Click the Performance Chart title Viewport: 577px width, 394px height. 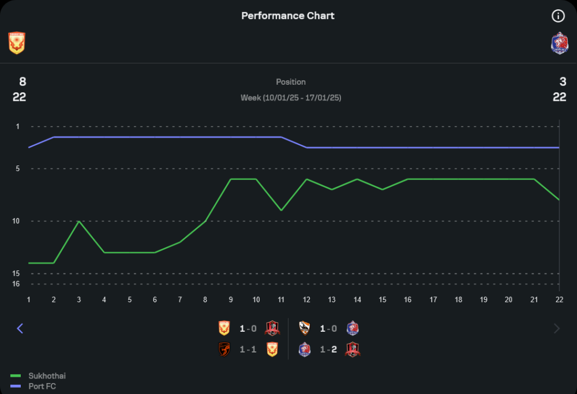288,16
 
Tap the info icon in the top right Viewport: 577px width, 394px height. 558,16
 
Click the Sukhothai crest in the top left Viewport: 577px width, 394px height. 17,43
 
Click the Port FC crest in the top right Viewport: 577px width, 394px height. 559,43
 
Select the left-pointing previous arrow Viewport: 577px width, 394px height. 20,328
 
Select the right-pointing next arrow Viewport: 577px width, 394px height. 557,328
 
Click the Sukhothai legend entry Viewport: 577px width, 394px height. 47,376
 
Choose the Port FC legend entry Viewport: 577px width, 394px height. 42,386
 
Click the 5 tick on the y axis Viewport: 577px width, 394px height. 17,168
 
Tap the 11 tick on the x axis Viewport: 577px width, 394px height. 281,299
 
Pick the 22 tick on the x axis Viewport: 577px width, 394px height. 559,299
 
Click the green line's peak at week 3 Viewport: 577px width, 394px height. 79,221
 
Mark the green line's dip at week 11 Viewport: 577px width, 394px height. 281,211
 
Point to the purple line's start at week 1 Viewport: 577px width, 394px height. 29,147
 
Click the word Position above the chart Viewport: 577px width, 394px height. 291,82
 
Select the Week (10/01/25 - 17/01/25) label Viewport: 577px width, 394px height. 291,97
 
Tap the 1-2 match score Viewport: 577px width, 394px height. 328,350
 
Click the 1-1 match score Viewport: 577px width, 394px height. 248,350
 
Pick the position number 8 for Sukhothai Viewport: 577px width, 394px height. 23,82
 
